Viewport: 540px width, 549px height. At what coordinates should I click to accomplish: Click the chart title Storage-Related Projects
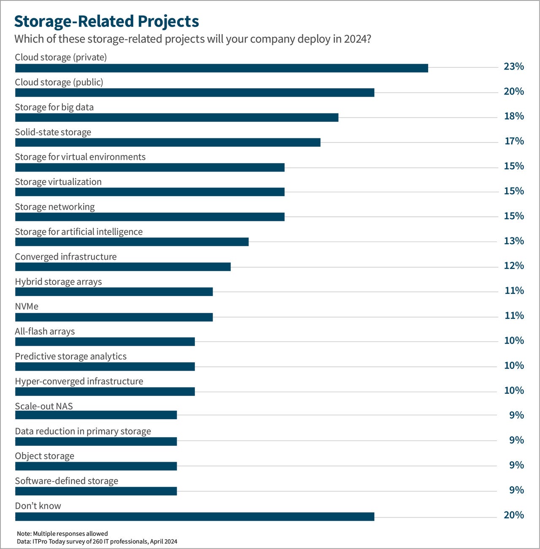point(106,21)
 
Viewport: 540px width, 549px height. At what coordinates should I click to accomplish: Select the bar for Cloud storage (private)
point(221,68)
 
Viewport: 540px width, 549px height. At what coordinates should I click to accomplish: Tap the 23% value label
point(513,66)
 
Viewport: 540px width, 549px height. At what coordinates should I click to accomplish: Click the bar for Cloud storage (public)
point(194,93)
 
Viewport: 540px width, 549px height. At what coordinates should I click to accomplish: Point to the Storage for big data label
point(54,107)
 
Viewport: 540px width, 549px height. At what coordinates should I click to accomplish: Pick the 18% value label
point(513,116)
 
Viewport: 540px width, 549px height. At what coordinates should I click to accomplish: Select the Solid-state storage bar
point(167,143)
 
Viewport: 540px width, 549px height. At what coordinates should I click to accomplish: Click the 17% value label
point(514,141)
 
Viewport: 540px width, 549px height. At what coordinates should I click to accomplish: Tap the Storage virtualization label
point(58,182)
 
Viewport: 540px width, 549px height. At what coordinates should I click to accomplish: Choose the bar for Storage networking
point(150,217)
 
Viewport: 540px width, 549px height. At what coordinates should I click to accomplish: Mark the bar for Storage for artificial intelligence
point(132,242)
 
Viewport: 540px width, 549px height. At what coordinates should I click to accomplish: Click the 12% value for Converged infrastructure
point(513,266)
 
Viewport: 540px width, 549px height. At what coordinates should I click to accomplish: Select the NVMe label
point(27,306)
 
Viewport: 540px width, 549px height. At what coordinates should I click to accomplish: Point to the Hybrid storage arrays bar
point(114,292)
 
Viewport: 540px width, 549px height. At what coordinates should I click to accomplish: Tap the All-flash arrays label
point(45,331)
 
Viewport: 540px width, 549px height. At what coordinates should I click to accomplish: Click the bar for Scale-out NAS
point(96,415)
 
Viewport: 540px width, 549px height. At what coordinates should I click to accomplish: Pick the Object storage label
point(44,456)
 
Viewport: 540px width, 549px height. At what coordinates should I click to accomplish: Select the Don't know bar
point(194,517)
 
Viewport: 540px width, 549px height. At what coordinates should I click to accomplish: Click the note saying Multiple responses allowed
point(62,533)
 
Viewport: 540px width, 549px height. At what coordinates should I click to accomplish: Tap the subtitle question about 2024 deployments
point(192,39)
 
